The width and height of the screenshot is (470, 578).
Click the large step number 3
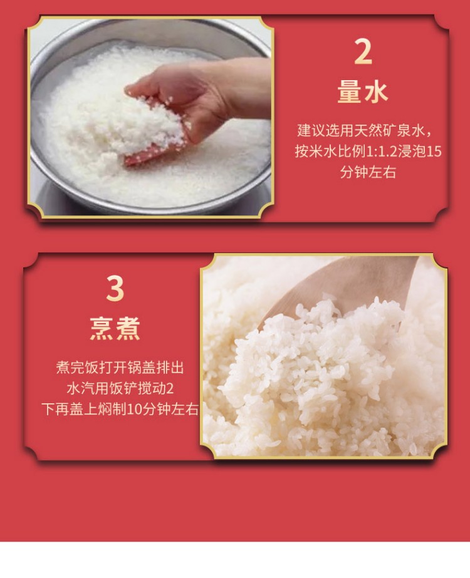click(x=115, y=289)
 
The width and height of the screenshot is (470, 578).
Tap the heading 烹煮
click(x=115, y=328)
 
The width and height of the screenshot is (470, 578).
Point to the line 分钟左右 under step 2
click(x=368, y=172)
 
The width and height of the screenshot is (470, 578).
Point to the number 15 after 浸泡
click(x=434, y=152)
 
